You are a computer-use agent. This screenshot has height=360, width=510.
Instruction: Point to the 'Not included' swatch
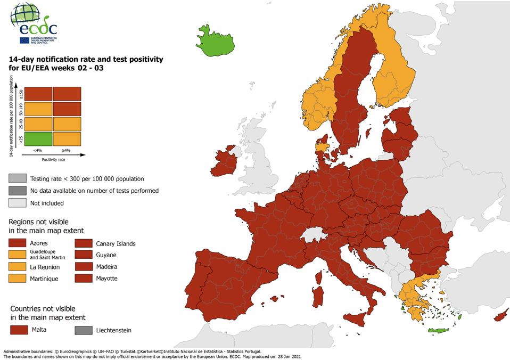click(18, 203)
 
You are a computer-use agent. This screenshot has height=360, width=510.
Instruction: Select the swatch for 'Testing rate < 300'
click(18, 179)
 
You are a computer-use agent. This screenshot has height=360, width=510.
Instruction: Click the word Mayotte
click(106, 279)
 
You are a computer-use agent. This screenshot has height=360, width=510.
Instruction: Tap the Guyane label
click(106, 255)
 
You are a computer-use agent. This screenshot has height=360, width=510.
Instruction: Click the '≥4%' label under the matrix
click(67, 150)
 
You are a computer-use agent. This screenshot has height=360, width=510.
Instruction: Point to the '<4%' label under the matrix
click(37, 150)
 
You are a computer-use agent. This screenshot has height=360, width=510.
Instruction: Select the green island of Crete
click(436, 332)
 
